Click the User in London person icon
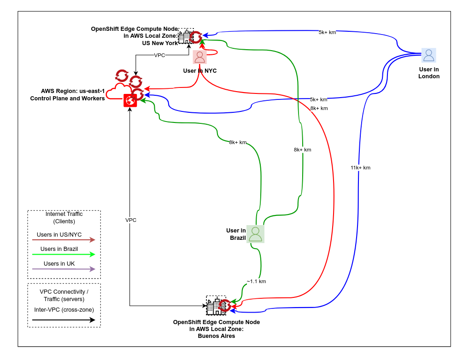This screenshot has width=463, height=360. [428, 55]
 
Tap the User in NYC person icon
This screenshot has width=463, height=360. [199, 57]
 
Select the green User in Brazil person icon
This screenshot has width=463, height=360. [255, 234]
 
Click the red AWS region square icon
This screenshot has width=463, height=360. [130, 100]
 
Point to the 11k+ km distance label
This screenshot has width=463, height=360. [360, 168]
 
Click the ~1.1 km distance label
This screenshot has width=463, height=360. [256, 281]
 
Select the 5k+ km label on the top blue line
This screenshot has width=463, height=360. [327, 32]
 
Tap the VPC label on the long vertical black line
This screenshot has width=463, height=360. [131, 220]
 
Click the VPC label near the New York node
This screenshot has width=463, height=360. [159, 55]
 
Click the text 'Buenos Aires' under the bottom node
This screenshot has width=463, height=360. [217, 336]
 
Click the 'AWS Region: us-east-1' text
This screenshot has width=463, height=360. [73, 91]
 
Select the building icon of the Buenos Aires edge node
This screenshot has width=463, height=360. [213, 306]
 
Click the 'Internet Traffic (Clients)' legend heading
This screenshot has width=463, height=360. [64, 217]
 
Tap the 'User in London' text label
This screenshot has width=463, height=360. [429, 73]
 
